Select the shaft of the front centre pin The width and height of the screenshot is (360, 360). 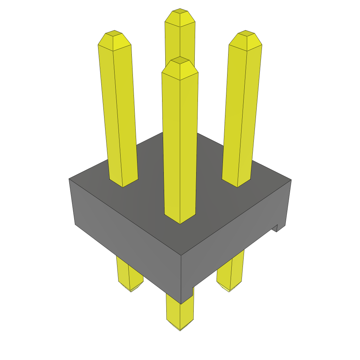tap(180, 148)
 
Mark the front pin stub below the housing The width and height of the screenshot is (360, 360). tap(180, 313)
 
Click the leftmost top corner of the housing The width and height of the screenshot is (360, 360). tap(69, 179)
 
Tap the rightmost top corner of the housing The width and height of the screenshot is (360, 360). tap(291, 180)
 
